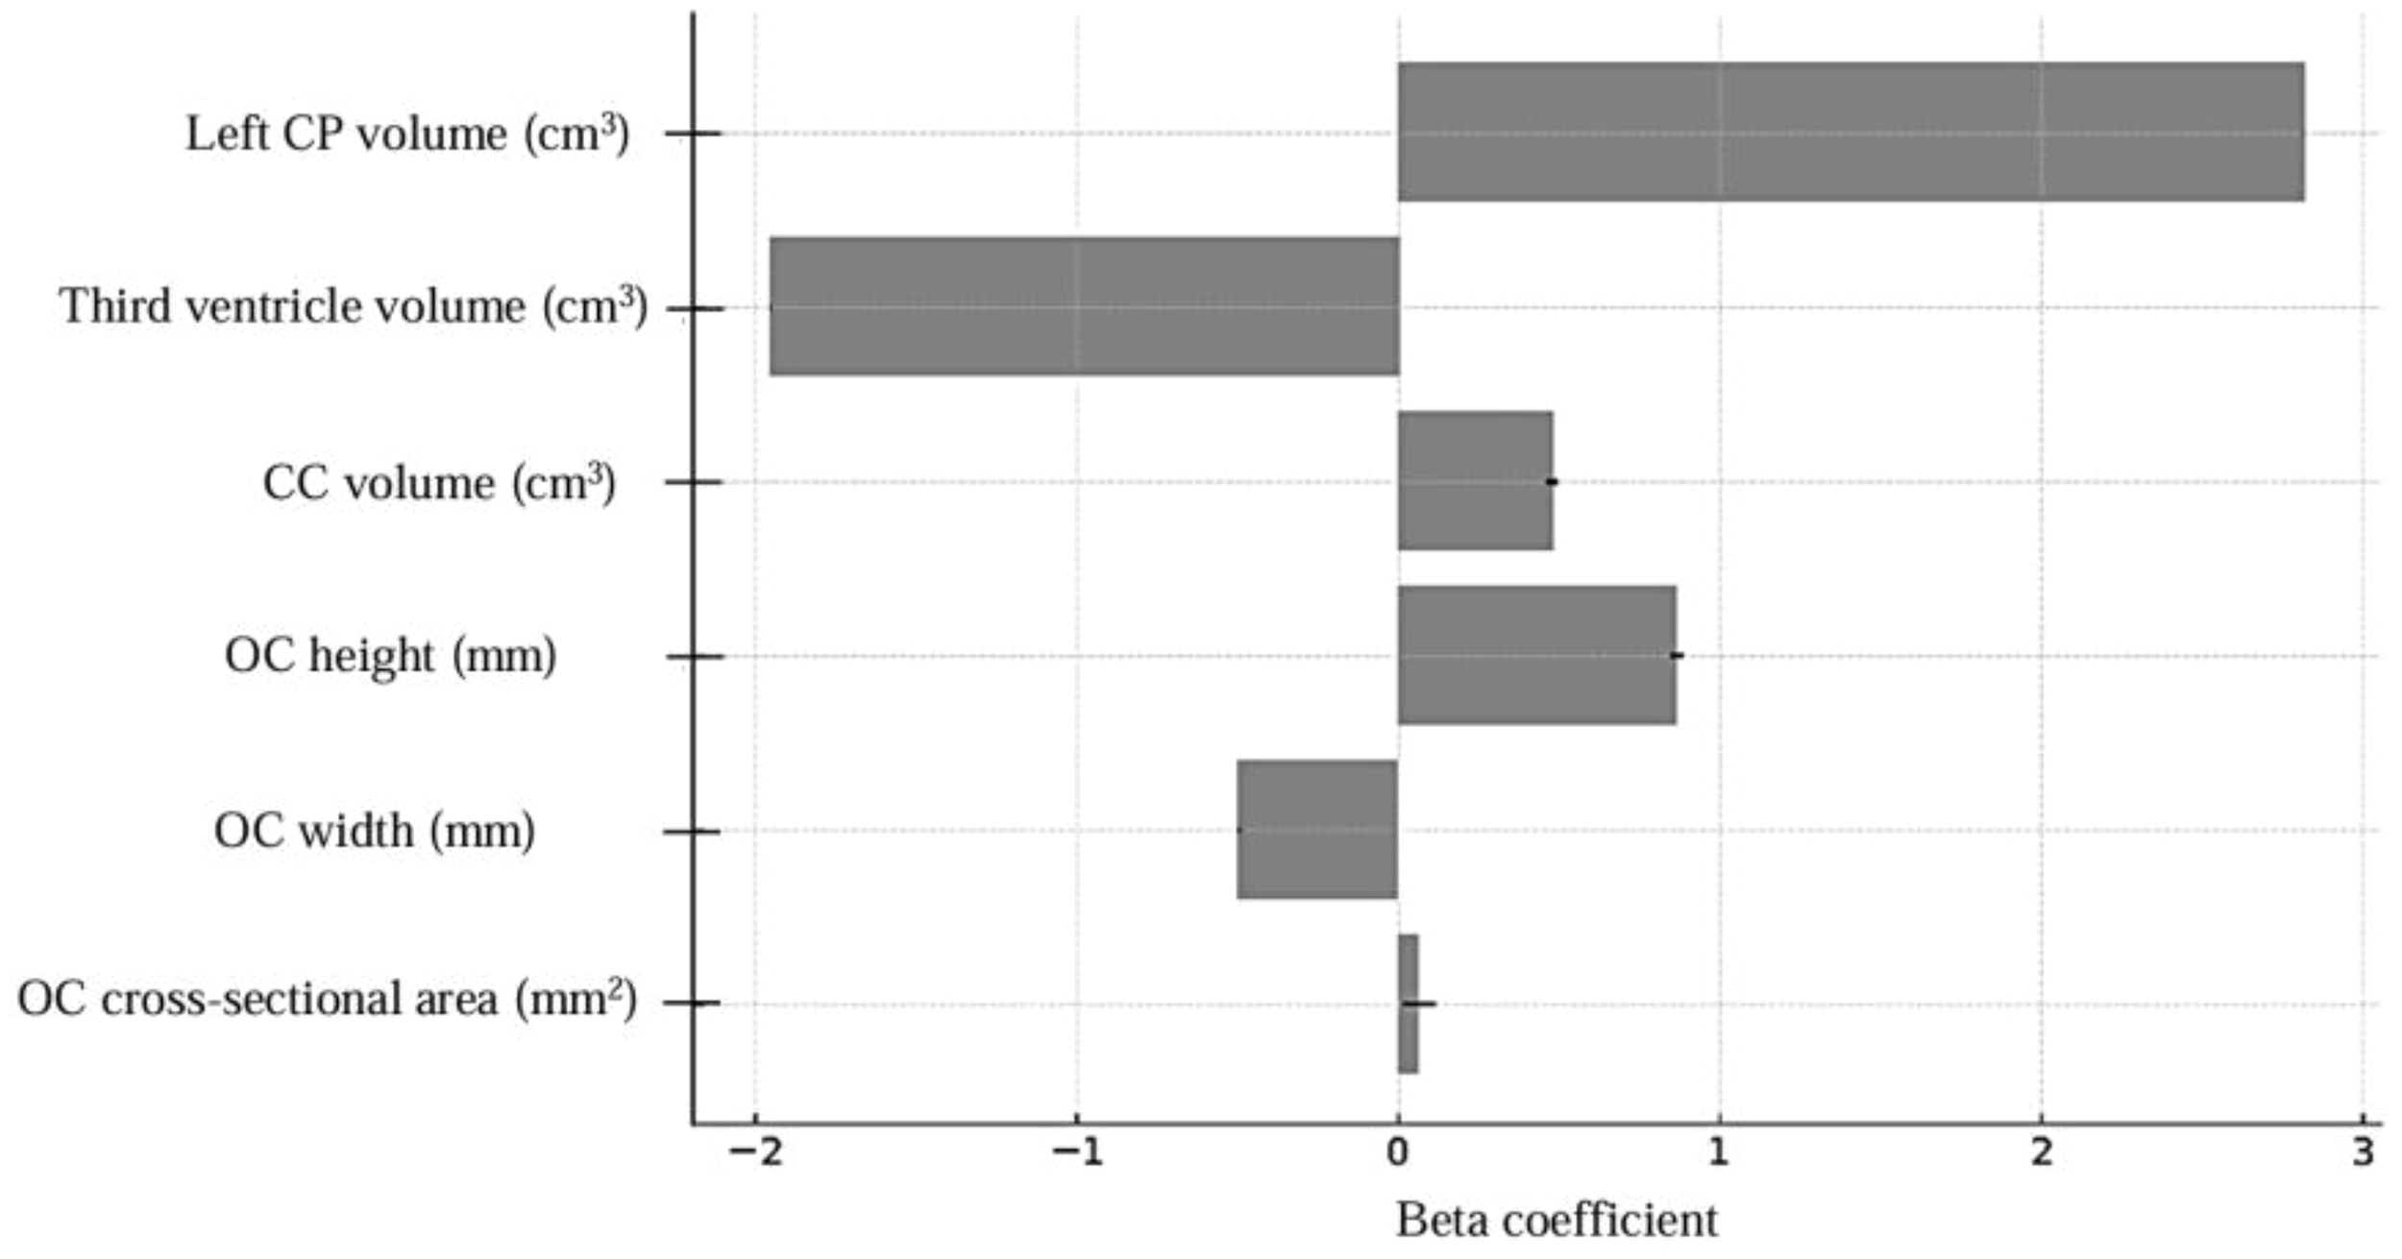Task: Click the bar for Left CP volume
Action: point(1850,133)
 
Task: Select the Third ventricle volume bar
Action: point(1084,306)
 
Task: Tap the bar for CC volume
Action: point(1475,481)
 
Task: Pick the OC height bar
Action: point(1536,655)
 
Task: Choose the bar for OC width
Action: point(1316,830)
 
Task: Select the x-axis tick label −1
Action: point(1076,1151)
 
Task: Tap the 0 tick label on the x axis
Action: point(1398,1151)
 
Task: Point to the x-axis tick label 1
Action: point(1718,1151)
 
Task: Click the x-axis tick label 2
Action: point(2041,1151)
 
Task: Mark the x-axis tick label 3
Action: point(2363,1151)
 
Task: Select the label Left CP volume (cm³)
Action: point(407,133)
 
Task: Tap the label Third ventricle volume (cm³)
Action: point(353,307)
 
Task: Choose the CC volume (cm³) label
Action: point(439,482)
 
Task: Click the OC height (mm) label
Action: point(390,656)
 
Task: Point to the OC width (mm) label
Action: point(374,831)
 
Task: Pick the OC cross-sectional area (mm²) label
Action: point(327,1000)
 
